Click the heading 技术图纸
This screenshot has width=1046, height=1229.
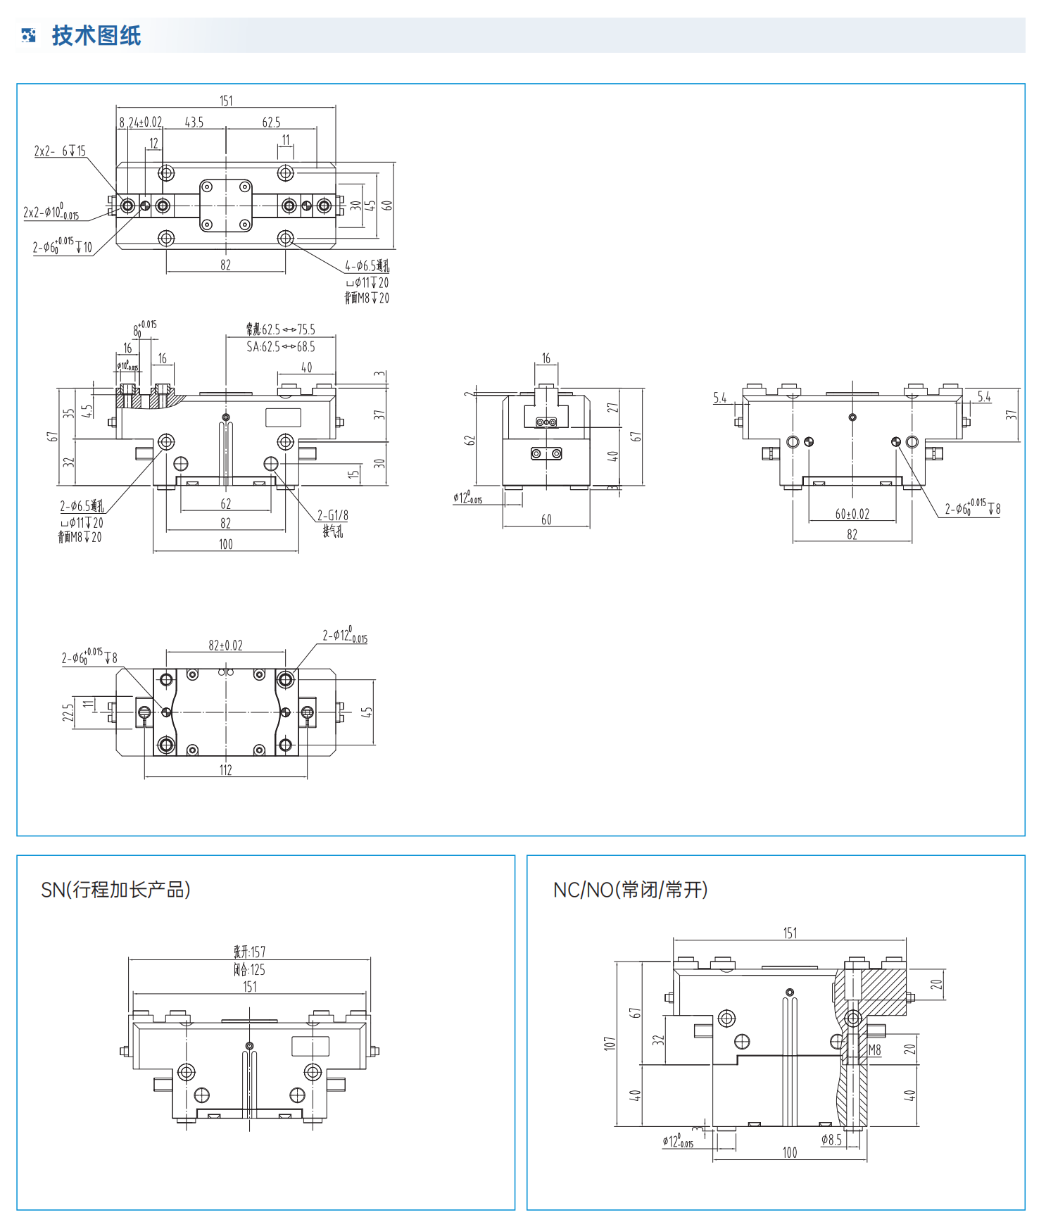[x=96, y=35]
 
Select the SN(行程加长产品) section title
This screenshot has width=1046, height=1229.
[x=115, y=890]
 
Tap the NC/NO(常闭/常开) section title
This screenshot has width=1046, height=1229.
[x=630, y=890]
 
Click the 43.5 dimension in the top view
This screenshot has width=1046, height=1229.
[x=194, y=122]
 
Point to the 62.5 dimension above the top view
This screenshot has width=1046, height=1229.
[x=271, y=122]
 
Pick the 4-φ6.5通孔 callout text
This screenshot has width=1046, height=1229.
[x=367, y=266]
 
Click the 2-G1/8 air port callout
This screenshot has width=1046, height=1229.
[x=332, y=515]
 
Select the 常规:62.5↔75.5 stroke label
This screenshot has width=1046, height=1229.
[x=281, y=329]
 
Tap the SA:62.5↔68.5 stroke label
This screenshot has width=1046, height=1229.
[x=281, y=346]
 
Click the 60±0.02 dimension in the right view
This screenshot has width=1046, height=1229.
[x=852, y=514]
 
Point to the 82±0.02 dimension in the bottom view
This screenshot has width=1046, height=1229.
[x=225, y=645]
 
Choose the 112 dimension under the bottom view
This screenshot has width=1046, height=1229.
[x=225, y=770]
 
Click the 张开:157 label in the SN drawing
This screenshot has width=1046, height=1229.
[x=250, y=952]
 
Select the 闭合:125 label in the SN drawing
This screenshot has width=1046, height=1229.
[x=250, y=969]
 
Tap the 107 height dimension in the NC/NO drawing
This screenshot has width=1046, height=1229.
[x=610, y=1043]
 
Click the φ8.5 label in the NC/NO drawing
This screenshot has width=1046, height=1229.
[x=831, y=1139]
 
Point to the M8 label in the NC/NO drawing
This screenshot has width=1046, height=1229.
[x=875, y=1050]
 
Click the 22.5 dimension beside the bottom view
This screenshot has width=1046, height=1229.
[x=68, y=712]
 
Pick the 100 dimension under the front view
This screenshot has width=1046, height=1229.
[x=225, y=544]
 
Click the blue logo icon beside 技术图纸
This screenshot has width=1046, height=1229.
[x=29, y=35]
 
